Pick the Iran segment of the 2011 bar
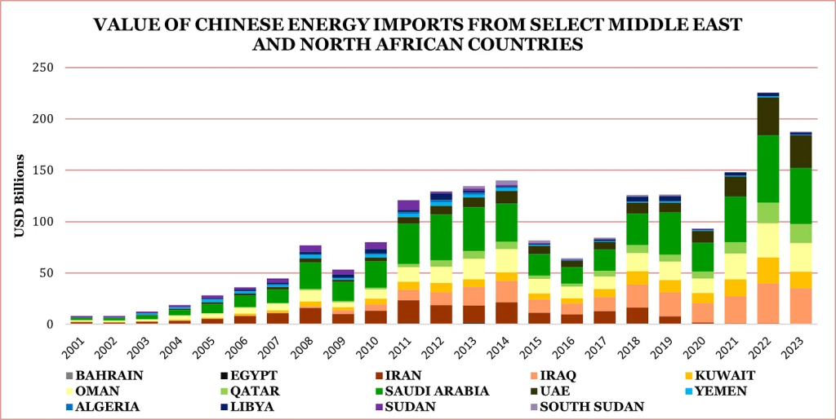(408, 312)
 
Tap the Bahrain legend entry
(110, 375)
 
